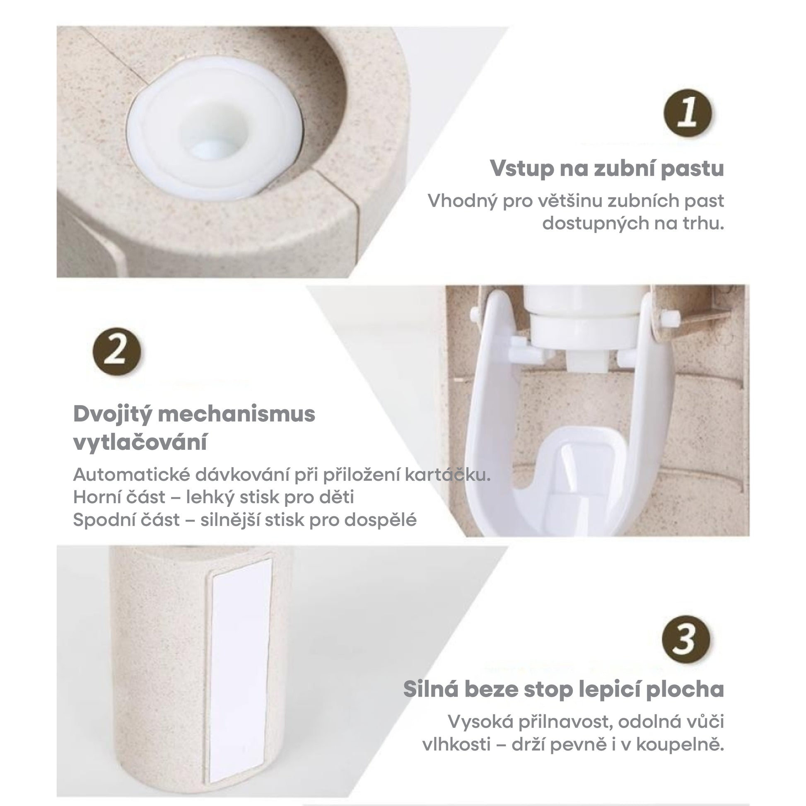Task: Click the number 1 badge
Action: point(688,113)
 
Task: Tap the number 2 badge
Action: point(117,351)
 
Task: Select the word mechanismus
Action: point(237,414)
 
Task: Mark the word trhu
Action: point(702,224)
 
